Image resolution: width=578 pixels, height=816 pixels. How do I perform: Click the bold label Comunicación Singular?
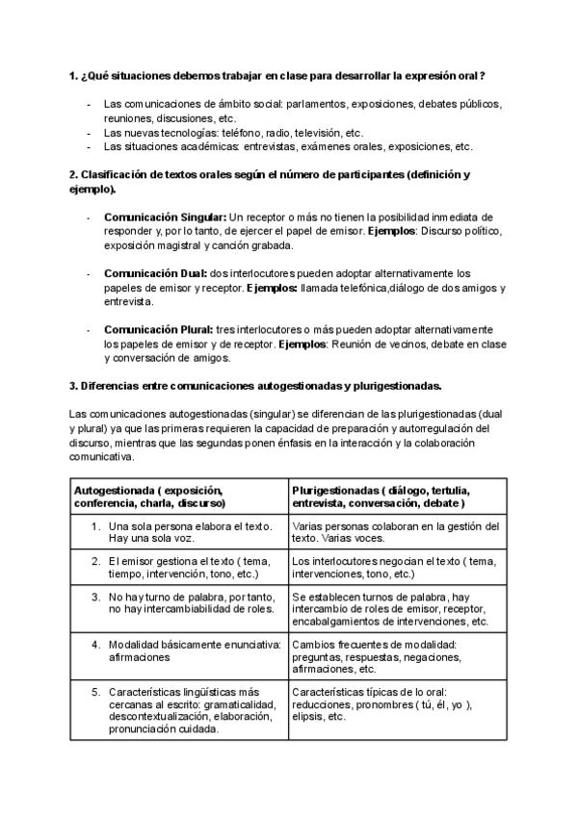166,217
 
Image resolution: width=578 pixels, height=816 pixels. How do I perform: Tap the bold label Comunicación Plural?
159,329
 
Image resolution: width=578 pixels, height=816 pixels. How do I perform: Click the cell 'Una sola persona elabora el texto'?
190,532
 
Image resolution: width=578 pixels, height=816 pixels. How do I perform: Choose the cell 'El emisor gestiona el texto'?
190,567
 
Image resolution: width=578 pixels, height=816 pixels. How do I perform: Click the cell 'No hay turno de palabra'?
191,601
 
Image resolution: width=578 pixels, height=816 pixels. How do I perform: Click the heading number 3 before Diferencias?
73,386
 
